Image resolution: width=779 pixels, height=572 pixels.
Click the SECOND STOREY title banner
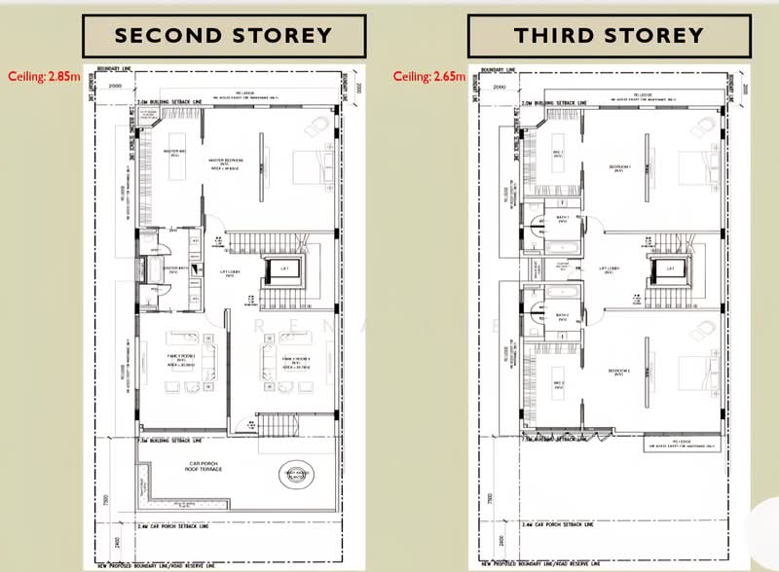click(223, 37)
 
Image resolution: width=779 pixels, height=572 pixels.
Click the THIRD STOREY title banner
click(609, 37)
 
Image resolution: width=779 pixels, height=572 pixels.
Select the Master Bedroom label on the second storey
click(226, 161)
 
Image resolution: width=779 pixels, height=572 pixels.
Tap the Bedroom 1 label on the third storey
click(620, 167)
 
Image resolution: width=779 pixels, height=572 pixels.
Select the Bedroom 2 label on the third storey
click(620, 372)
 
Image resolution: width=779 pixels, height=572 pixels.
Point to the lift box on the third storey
click(669, 268)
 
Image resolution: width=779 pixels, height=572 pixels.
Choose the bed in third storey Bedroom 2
click(699, 370)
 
